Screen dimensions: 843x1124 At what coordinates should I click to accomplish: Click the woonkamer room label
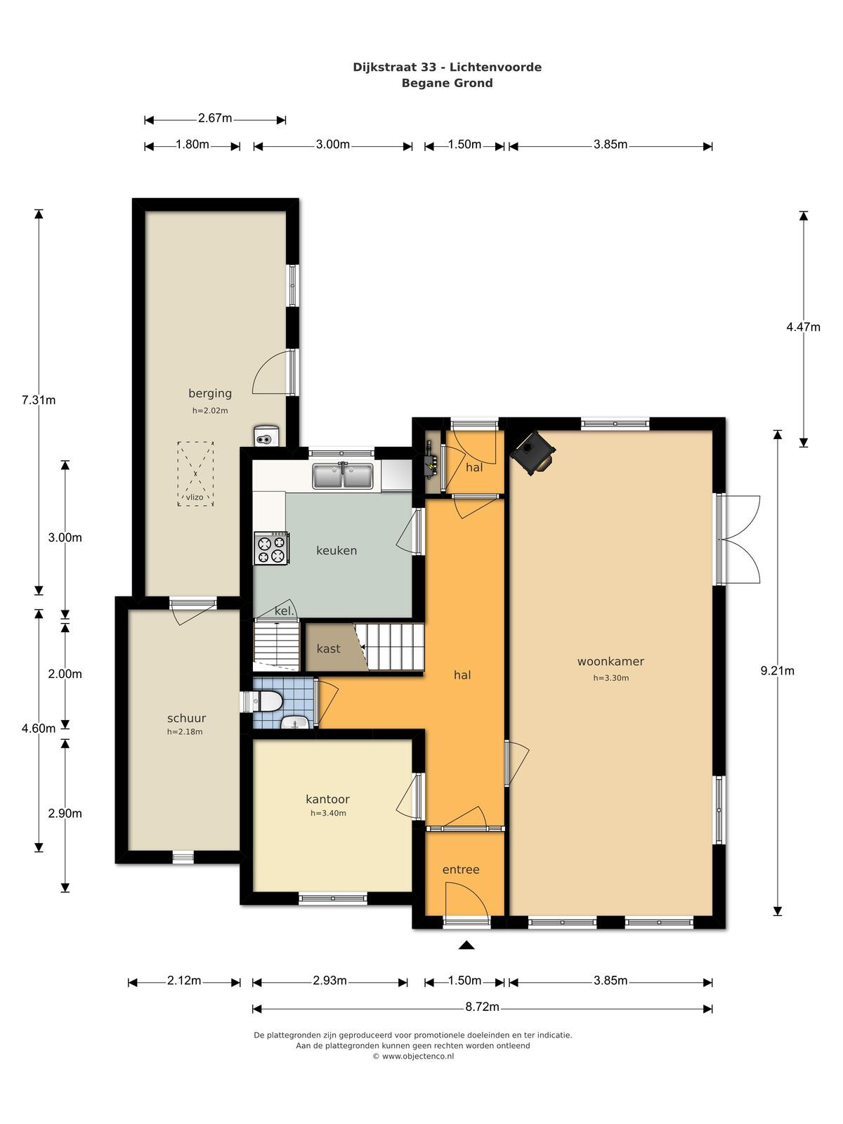(x=610, y=661)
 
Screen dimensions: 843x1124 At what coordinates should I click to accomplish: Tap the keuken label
(x=336, y=551)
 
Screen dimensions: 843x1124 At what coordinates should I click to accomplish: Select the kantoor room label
(x=327, y=799)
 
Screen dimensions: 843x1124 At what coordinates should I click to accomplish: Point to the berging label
(x=210, y=393)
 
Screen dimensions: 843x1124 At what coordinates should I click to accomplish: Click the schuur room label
(x=186, y=718)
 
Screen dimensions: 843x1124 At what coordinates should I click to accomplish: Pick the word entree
(x=461, y=870)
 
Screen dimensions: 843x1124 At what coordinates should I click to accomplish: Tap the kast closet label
(x=328, y=649)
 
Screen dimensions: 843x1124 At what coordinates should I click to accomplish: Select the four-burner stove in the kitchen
(x=272, y=549)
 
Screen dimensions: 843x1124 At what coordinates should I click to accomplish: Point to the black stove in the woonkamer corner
(x=534, y=452)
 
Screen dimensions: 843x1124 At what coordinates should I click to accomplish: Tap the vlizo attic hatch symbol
(x=195, y=473)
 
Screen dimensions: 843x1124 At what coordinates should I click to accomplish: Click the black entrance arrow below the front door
(x=466, y=946)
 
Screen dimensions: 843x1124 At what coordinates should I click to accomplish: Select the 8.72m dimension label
(x=482, y=1007)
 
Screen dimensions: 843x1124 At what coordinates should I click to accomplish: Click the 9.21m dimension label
(x=777, y=671)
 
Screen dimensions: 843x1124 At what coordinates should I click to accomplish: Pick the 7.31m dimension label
(x=39, y=400)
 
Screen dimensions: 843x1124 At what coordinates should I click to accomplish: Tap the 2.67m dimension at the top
(x=215, y=118)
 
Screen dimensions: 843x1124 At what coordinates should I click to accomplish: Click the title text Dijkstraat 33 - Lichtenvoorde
(x=447, y=67)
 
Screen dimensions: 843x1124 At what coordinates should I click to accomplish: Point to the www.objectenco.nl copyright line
(x=413, y=1056)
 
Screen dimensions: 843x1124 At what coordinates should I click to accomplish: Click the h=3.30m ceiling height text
(x=610, y=677)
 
